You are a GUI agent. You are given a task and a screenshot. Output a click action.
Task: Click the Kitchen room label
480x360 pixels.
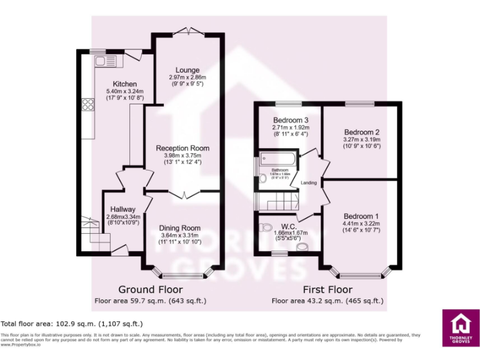[125, 84]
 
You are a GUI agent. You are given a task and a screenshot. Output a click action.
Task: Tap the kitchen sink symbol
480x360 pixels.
[102, 61]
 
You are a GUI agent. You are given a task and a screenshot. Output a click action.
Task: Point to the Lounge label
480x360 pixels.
[187, 70]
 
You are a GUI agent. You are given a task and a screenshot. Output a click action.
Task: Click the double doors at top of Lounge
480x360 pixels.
[187, 31]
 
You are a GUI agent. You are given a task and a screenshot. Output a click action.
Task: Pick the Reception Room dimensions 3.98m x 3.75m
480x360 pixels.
[182, 156]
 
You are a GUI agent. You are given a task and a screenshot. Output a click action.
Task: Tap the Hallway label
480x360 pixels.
[119, 209]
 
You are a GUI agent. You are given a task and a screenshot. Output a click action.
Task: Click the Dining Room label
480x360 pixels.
[179, 228]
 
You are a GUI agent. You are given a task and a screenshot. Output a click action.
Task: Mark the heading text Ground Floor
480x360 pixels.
[151, 289]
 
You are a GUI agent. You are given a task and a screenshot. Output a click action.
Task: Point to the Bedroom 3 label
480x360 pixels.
[291, 120]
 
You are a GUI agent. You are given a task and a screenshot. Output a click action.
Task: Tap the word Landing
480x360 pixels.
[309, 182]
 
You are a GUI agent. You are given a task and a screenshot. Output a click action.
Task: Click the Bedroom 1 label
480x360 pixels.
[361, 216]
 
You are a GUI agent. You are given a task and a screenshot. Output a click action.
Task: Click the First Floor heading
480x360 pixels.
[327, 289]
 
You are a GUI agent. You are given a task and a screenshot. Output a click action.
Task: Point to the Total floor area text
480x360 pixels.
[72, 324]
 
